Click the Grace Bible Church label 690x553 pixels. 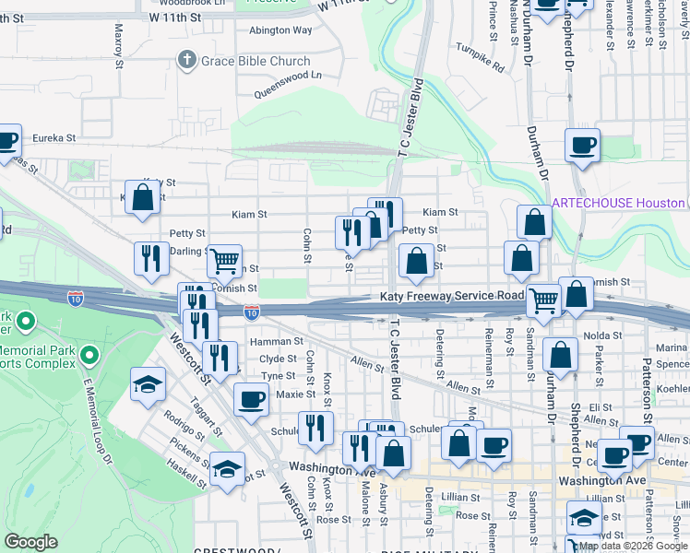click(256, 62)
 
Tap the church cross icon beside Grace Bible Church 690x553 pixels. click(186, 61)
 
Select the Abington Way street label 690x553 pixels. click(280, 29)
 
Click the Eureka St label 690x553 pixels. click(54, 137)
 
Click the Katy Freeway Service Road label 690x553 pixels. click(451, 296)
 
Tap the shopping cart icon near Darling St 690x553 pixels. click(224, 261)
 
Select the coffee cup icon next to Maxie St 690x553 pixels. click(250, 399)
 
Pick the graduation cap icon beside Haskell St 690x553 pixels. click(227, 469)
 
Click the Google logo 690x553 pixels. click(30, 542)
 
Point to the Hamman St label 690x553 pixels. click(276, 341)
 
